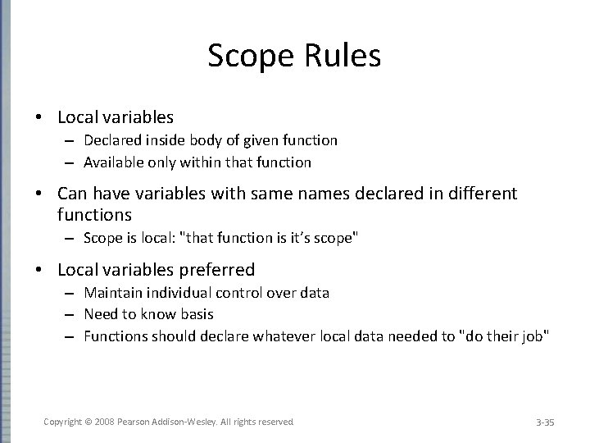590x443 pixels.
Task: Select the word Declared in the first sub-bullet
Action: (111, 140)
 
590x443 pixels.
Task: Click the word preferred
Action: (214, 270)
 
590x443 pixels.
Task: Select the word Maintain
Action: (111, 293)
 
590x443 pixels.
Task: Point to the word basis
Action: (196, 314)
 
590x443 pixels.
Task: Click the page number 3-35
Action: (545, 422)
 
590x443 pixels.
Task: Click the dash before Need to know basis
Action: (72, 315)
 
